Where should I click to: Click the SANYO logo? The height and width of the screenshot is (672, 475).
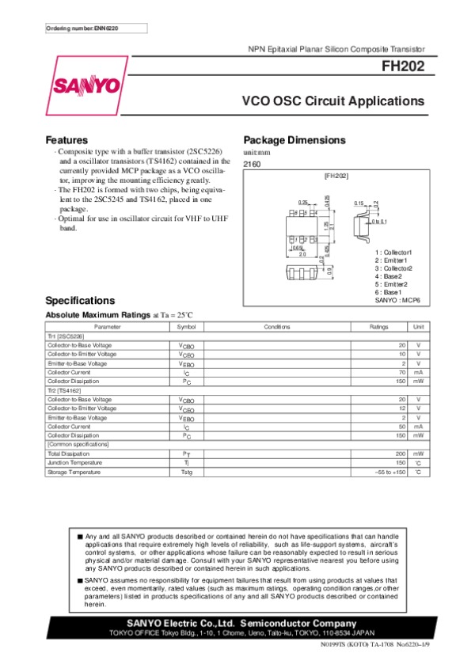coord(87,86)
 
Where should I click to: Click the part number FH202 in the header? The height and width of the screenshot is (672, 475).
coord(405,68)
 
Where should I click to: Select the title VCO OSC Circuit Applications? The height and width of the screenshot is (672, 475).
coord(333,101)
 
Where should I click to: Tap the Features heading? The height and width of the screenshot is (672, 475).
coord(66,140)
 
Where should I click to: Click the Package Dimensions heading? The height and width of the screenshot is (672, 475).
coord(294,140)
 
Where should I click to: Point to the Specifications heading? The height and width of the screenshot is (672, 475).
coord(80,301)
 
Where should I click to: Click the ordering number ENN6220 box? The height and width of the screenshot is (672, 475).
coord(85,28)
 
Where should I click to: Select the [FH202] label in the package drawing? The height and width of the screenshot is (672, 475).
coord(336,175)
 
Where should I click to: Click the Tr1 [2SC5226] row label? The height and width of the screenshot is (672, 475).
coord(69,336)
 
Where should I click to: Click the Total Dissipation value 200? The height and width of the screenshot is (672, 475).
coord(401,454)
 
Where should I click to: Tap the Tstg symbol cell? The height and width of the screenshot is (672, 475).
coord(186,472)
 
